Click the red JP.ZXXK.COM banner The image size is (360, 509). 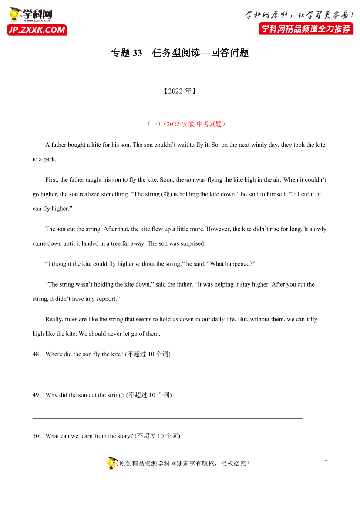click(37, 30)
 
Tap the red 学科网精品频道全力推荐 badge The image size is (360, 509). click(306, 29)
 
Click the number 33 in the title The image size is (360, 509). click(137, 53)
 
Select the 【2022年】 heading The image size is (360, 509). click(180, 91)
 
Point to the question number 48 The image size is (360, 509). click(36, 354)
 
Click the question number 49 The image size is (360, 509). click(36, 395)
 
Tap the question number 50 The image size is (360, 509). click(36, 436)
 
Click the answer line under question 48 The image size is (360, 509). click(167, 377)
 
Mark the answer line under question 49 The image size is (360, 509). click(167, 418)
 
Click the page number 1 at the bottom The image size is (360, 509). click(326, 459)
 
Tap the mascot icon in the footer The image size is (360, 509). click(112, 463)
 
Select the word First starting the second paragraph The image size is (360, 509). click(51, 179)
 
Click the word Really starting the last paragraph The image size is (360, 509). click(54, 319)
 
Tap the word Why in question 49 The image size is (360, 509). click(51, 395)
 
